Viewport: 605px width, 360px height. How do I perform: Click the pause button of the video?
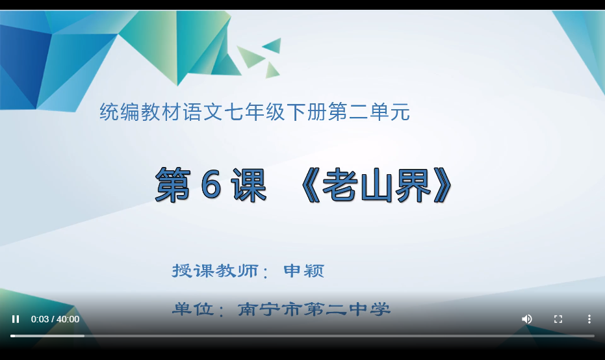click(x=16, y=319)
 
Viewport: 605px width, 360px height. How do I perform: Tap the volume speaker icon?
click(x=527, y=319)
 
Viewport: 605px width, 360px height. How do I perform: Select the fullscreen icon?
click(x=558, y=319)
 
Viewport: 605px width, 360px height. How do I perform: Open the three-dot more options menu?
click(x=589, y=319)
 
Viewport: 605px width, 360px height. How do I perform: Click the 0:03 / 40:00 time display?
click(x=55, y=319)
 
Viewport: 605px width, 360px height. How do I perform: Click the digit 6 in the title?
click(x=211, y=185)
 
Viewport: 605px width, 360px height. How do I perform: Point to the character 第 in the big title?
click(x=172, y=185)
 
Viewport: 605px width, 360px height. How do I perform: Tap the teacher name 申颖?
click(x=303, y=271)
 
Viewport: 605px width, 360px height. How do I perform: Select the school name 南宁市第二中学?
click(x=314, y=309)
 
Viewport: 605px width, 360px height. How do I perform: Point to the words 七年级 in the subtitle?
click(x=255, y=112)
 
